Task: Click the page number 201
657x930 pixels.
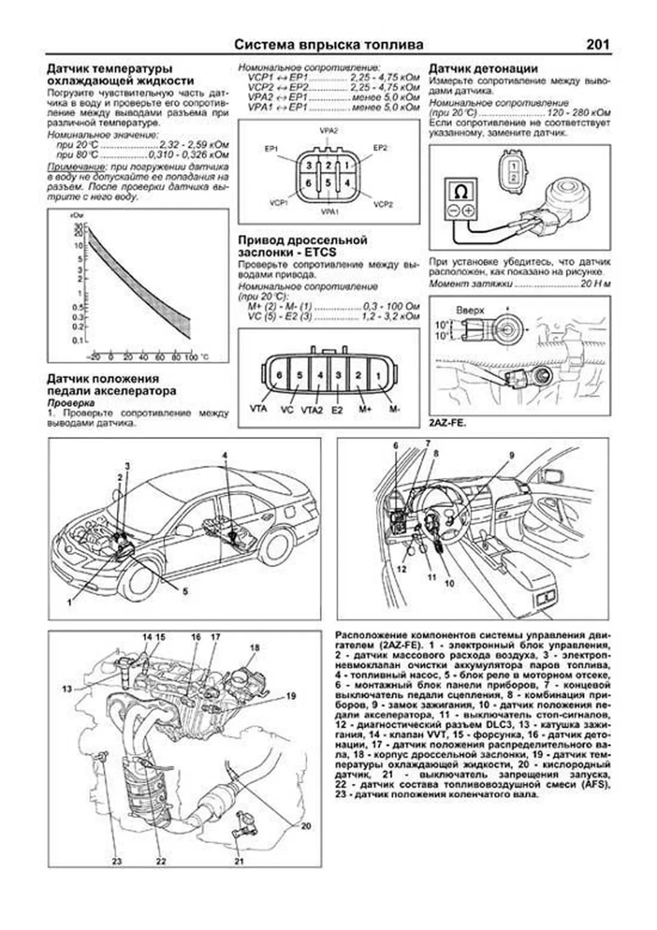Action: [x=597, y=44]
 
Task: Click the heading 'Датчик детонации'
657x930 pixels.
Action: [x=482, y=69]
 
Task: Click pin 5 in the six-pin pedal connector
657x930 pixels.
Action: [x=327, y=183]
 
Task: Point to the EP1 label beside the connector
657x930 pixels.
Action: [x=272, y=149]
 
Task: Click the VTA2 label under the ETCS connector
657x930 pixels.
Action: [x=312, y=409]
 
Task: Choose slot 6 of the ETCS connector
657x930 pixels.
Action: [x=279, y=375]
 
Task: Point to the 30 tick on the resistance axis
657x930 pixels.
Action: [x=78, y=225]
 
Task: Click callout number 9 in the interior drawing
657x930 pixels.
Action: [x=512, y=455]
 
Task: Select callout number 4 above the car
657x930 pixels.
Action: [x=224, y=455]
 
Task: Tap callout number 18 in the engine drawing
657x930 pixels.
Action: [x=254, y=648]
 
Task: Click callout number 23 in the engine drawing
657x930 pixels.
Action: [x=117, y=861]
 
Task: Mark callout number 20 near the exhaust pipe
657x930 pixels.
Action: [x=306, y=825]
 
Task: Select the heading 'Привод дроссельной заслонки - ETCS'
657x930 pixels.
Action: [x=302, y=246]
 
